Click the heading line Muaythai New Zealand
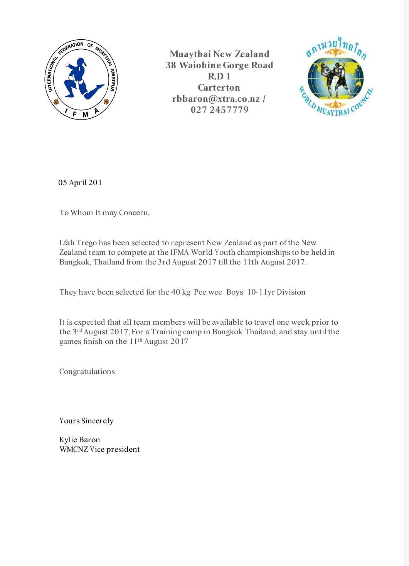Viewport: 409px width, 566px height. point(219,54)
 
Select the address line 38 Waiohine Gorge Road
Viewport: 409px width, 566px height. point(219,65)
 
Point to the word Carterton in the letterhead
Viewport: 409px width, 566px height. point(219,88)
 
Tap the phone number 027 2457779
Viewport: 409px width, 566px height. point(219,110)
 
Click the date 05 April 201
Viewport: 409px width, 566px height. point(80,183)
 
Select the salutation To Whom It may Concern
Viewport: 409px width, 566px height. point(104,212)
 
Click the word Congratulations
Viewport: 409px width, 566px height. point(87,372)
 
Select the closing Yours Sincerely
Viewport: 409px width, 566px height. point(86,421)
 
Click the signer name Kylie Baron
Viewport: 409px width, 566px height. point(80,440)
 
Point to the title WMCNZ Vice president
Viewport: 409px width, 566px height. point(99,449)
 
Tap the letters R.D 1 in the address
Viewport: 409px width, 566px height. point(219,76)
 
